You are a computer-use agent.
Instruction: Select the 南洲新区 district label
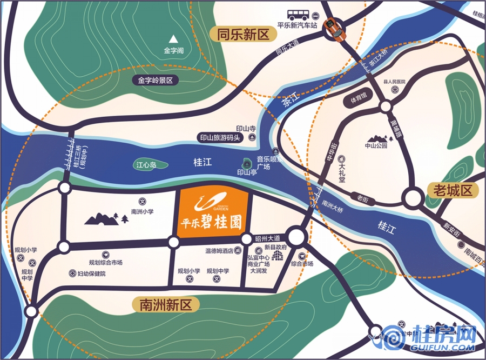(162, 305)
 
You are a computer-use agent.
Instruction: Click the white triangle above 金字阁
(174, 39)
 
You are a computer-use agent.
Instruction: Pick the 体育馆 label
(357, 99)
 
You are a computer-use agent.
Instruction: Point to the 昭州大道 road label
(268, 238)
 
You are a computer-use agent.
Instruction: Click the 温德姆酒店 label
(219, 250)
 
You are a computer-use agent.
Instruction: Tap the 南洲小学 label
(142, 211)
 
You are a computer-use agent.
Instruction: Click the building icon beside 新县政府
(279, 255)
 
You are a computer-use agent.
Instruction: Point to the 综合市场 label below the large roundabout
(302, 264)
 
